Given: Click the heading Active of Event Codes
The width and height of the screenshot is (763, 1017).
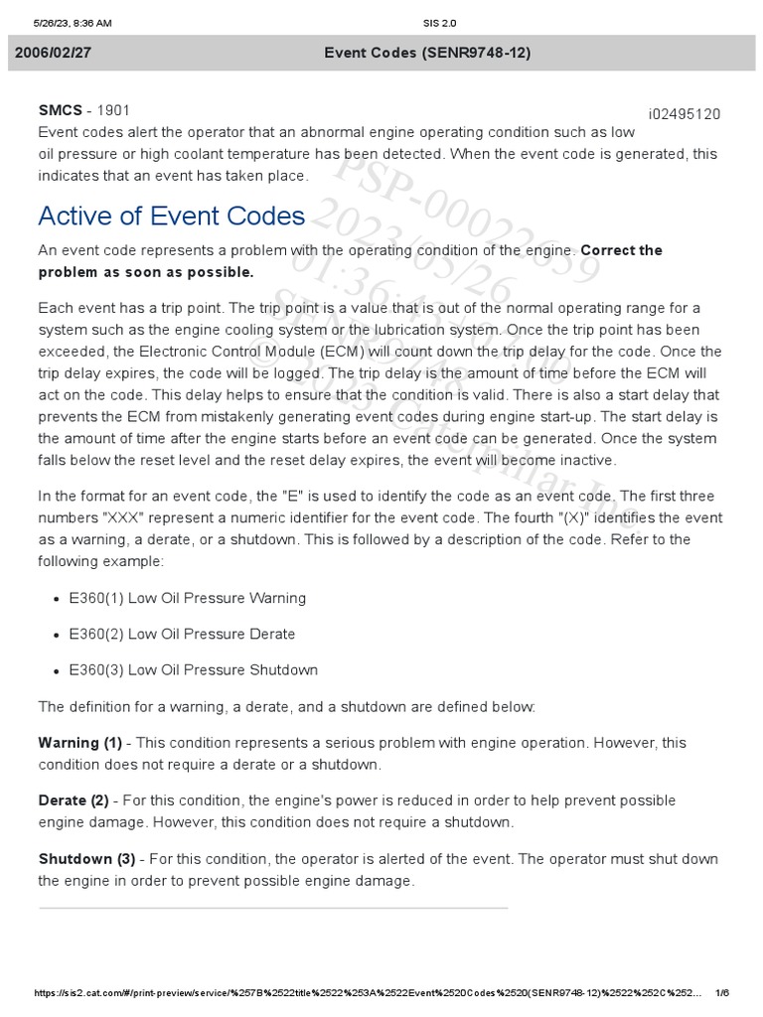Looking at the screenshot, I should click(171, 216).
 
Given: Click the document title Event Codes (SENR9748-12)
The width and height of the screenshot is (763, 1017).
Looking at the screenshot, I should click(427, 53).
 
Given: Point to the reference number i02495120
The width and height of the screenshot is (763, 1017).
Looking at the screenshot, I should click(685, 114).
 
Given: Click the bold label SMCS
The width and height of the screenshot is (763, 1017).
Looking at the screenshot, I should click(59, 110).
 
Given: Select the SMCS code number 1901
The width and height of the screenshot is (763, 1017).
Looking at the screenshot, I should click(112, 110).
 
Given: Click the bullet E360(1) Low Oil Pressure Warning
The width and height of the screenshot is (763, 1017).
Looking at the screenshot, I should click(187, 598).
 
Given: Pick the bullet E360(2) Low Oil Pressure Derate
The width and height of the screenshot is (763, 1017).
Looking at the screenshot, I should click(182, 634).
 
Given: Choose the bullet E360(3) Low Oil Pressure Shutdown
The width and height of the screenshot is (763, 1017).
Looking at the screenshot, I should click(193, 669).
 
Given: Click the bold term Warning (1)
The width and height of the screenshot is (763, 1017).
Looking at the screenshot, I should click(79, 743).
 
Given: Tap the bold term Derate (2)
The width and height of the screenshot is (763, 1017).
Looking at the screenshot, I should click(74, 800).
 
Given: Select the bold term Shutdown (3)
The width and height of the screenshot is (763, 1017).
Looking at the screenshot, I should click(86, 858).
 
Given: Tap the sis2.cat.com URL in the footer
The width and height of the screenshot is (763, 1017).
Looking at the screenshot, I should click(368, 993).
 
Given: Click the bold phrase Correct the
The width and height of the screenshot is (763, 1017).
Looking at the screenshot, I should click(621, 250).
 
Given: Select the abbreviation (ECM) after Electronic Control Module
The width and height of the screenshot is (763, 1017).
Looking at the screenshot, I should click(351, 351).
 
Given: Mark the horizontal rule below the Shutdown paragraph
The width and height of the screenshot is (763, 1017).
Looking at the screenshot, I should click(273, 908).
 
